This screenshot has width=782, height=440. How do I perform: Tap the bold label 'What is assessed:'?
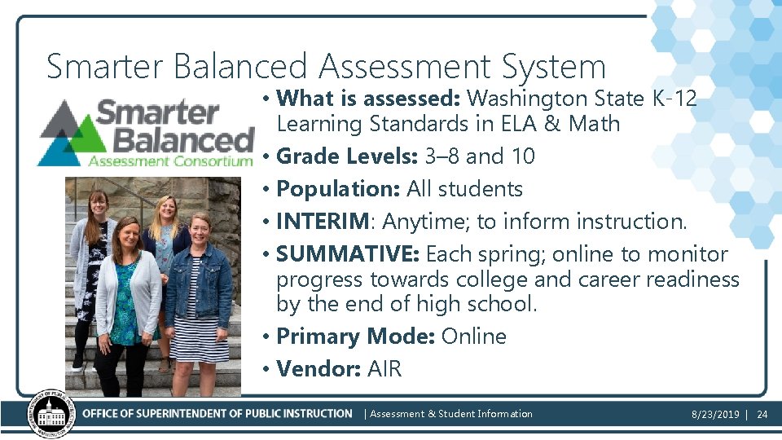click(369, 99)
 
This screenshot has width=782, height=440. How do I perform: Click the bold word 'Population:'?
click(338, 188)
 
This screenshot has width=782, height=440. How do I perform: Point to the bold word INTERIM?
click(323, 221)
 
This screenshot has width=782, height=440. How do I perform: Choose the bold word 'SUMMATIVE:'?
click(347, 253)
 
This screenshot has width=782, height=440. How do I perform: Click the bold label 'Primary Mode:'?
click(355, 336)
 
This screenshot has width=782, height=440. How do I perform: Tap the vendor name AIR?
click(384, 368)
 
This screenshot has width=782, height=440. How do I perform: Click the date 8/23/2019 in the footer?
click(715, 414)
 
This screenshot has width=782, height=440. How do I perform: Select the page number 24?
click(762, 414)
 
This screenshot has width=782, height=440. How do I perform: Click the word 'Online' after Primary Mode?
click(473, 336)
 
